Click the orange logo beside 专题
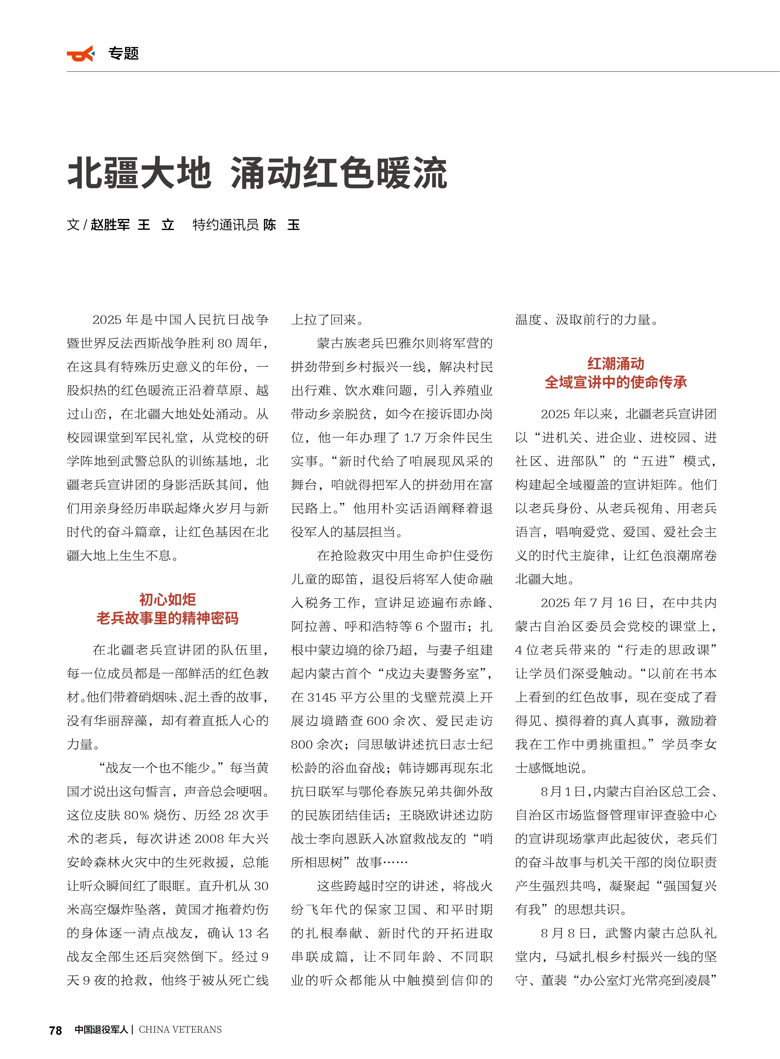[80, 54]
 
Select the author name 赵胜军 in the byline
[110, 225]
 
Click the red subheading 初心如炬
[168, 599]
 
